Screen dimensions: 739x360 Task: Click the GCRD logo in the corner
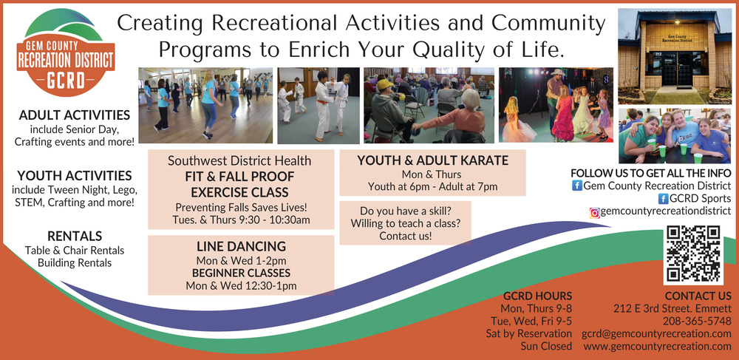coord(66,52)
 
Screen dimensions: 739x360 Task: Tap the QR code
coord(693,254)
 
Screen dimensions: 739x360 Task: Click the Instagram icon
coord(595,212)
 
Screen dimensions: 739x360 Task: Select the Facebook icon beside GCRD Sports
coord(663,198)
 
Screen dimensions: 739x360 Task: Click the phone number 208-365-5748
coord(697,322)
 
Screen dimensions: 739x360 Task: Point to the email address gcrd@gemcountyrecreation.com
coord(656,333)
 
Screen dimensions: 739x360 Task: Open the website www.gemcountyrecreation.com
coord(658,347)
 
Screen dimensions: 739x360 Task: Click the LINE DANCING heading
coord(242,246)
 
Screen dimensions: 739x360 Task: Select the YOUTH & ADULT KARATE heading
coord(432,160)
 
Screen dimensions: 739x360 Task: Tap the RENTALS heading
coord(75,236)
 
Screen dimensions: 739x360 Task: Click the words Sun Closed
coord(546,347)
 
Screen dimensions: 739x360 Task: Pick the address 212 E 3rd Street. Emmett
coord(672,309)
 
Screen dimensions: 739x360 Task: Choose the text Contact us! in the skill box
coord(405,236)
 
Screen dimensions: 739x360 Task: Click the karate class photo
coord(318,106)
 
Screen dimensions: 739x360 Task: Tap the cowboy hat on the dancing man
coord(557,72)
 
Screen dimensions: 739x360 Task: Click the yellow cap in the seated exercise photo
coord(384,84)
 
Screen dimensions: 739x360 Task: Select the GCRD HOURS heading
coord(537,296)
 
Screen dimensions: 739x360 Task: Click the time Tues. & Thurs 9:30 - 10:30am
coord(242,220)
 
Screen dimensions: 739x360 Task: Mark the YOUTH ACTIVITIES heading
coord(75,176)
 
